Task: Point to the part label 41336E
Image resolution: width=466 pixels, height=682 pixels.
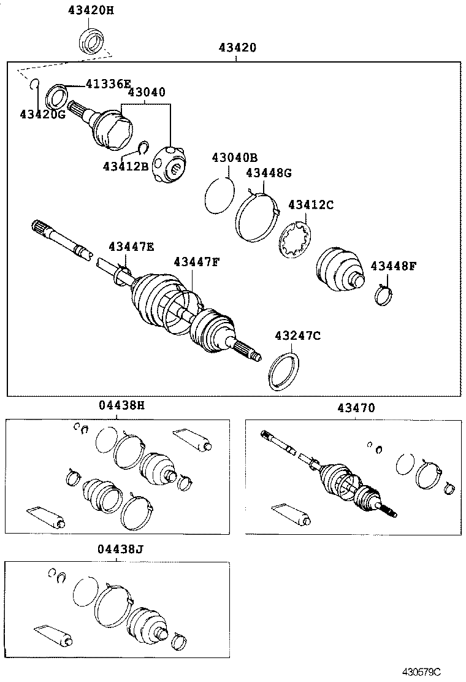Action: tap(108, 83)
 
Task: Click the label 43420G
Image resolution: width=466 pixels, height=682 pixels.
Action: tap(42, 114)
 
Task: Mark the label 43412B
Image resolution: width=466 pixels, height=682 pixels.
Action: tap(125, 166)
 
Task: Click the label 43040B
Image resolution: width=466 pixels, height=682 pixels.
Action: tap(235, 158)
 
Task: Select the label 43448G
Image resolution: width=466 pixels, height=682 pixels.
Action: tap(269, 173)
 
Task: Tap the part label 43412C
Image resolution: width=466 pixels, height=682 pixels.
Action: tap(311, 205)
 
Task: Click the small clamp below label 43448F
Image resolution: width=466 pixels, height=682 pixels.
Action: tap(385, 296)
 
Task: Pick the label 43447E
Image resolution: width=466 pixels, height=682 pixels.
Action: tap(131, 247)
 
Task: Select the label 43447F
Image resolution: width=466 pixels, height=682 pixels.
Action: tap(196, 262)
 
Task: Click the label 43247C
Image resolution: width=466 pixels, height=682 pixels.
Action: tap(297, 335)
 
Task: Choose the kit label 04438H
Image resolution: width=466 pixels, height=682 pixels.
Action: tap(121, 405)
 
